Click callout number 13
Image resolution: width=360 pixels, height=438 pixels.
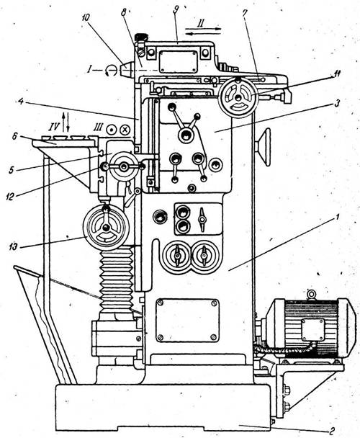14,246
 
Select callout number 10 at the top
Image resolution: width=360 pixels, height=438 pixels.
86,17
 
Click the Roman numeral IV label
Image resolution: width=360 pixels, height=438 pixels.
54,128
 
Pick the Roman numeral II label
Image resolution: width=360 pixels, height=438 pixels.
200,24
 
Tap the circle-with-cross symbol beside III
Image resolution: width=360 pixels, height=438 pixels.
125,130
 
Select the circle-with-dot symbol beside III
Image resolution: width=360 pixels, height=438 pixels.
111,130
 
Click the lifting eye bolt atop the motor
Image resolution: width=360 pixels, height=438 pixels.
310,295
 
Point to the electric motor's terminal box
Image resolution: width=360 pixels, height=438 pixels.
313,330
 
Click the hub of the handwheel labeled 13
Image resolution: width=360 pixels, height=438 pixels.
106,228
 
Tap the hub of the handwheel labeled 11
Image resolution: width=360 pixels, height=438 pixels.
238,98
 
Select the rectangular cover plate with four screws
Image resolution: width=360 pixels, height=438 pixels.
187,321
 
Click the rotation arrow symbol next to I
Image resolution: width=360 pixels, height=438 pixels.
111,71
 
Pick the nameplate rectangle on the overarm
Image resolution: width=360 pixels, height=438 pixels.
178,61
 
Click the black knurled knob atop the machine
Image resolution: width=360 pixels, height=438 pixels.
141,37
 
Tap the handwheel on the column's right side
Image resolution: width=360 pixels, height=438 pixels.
266,147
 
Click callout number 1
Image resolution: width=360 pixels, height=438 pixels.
337,217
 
